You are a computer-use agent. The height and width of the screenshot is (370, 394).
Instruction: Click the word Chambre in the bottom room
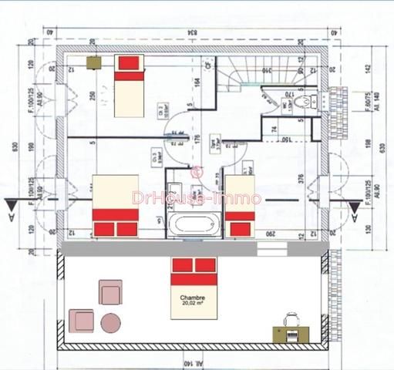pos(193,297)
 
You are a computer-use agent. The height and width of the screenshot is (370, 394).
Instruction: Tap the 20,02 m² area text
pos(193,304)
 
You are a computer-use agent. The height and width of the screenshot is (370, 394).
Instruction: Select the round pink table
pos(111,322)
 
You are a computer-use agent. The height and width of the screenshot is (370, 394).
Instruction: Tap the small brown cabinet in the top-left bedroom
pos(96,61)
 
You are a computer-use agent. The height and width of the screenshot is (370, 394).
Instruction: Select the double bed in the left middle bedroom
pos(115,204)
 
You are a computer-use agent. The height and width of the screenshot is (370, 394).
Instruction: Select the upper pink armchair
pos(110,293)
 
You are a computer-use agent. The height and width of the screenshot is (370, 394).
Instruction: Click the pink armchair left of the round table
pos(81,319)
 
